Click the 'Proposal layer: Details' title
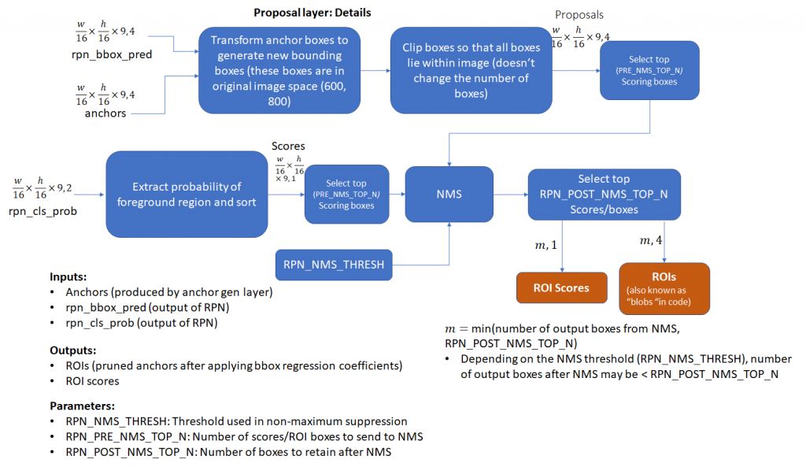tap(312, 13)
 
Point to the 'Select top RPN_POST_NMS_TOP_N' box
tap(604, 195)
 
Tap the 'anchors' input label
tap(106, 113)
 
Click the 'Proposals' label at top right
tap(580, 15)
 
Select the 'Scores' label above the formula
tap(287, 146)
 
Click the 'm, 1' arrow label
tap(545, 246)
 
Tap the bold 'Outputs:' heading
tap(72, 349)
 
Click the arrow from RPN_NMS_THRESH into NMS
tap(448, 244)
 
